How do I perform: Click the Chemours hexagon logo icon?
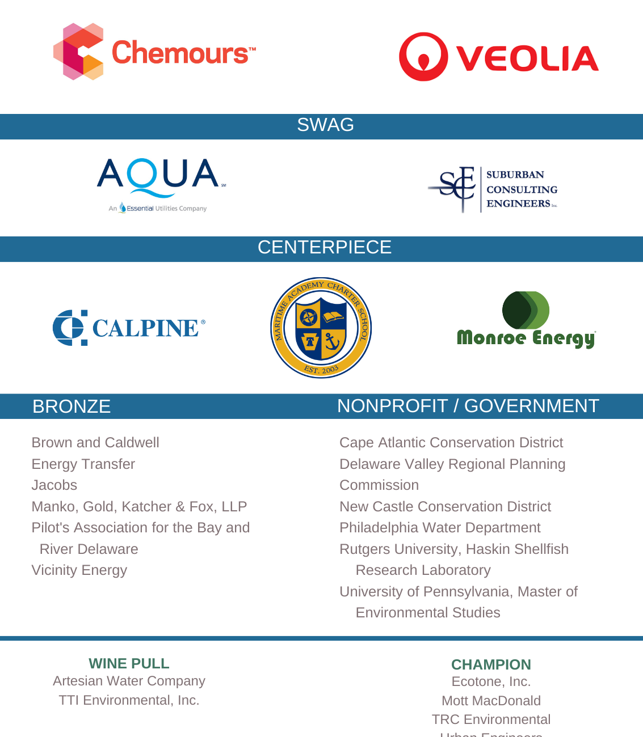pos(78,52)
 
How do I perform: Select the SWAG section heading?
pos(325,125)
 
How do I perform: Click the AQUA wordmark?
pos(158,174)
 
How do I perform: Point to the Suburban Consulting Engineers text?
pos(522,189)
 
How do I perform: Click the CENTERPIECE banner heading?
pos(325,248)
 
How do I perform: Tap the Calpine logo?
pos(129,328)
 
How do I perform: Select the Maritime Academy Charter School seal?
pos(321,328)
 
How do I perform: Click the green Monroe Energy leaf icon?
pos(526,310)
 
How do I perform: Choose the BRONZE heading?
pos(72,406)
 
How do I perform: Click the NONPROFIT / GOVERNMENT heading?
pos(468,406)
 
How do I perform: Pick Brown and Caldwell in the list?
pos(95,443)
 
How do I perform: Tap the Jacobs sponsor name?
pos(54,485)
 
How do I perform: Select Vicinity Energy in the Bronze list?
pos(79,570)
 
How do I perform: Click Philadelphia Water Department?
pos(440,528)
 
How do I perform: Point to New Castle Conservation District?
pos(446,507)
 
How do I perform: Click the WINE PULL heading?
pos(129,663)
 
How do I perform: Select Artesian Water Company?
pos(129,681)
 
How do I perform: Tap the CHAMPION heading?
pos(491,664)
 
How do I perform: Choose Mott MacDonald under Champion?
pos(491,701)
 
